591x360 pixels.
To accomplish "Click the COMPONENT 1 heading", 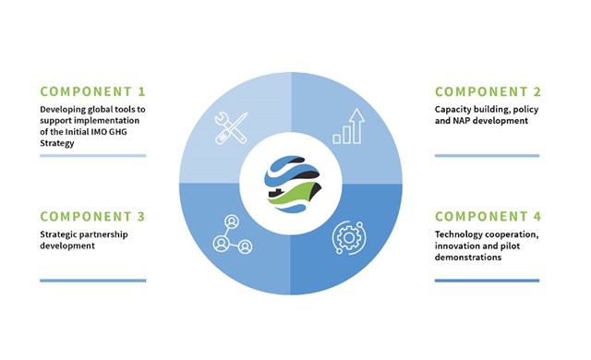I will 92,92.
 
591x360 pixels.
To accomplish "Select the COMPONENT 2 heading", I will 487,92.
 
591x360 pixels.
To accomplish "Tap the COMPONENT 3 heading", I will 92,216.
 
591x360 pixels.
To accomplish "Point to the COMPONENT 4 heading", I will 487,216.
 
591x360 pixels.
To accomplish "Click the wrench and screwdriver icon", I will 231,127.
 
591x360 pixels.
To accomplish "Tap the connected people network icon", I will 232,235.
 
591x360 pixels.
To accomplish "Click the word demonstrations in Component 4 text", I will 467,258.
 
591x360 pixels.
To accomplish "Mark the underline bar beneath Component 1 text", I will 92,156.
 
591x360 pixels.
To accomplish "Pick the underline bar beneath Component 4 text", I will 487,280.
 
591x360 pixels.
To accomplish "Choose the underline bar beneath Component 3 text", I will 92,280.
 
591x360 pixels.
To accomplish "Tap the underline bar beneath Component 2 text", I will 487,156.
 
